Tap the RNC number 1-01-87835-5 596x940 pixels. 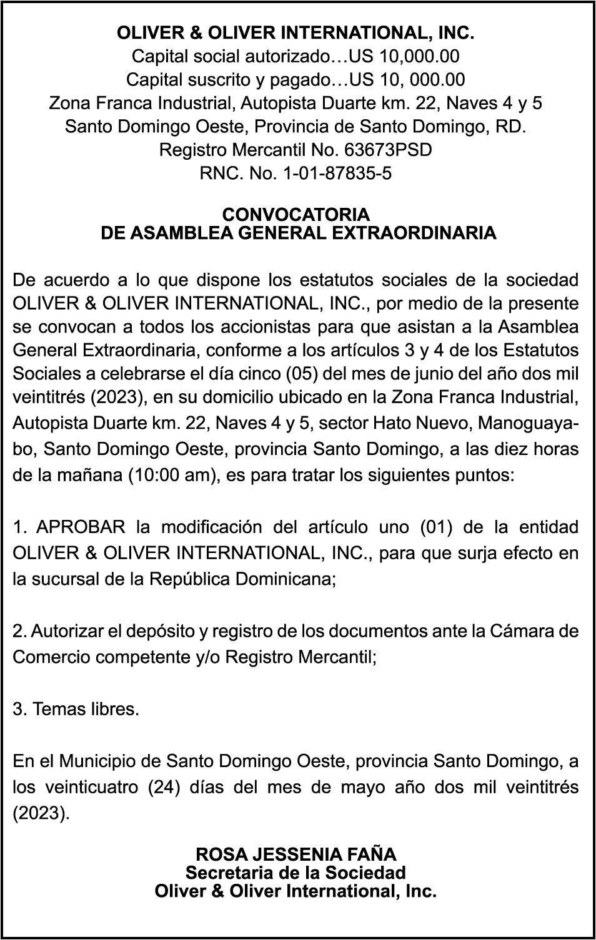point(337,174)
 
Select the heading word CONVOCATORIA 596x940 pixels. point(296,215)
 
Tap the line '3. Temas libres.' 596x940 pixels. point(76,710)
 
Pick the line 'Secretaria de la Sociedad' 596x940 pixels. point(296,873)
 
